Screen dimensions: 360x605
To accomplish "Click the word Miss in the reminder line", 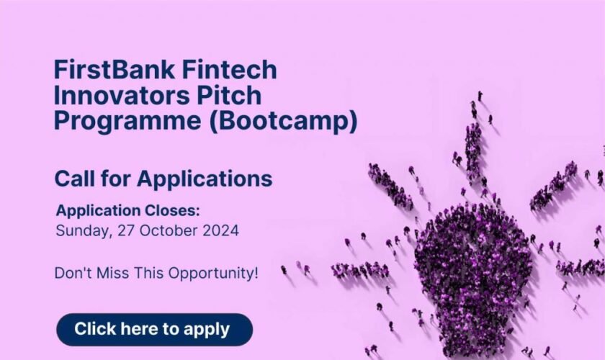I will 110,274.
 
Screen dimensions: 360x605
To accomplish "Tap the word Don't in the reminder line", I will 71,274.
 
